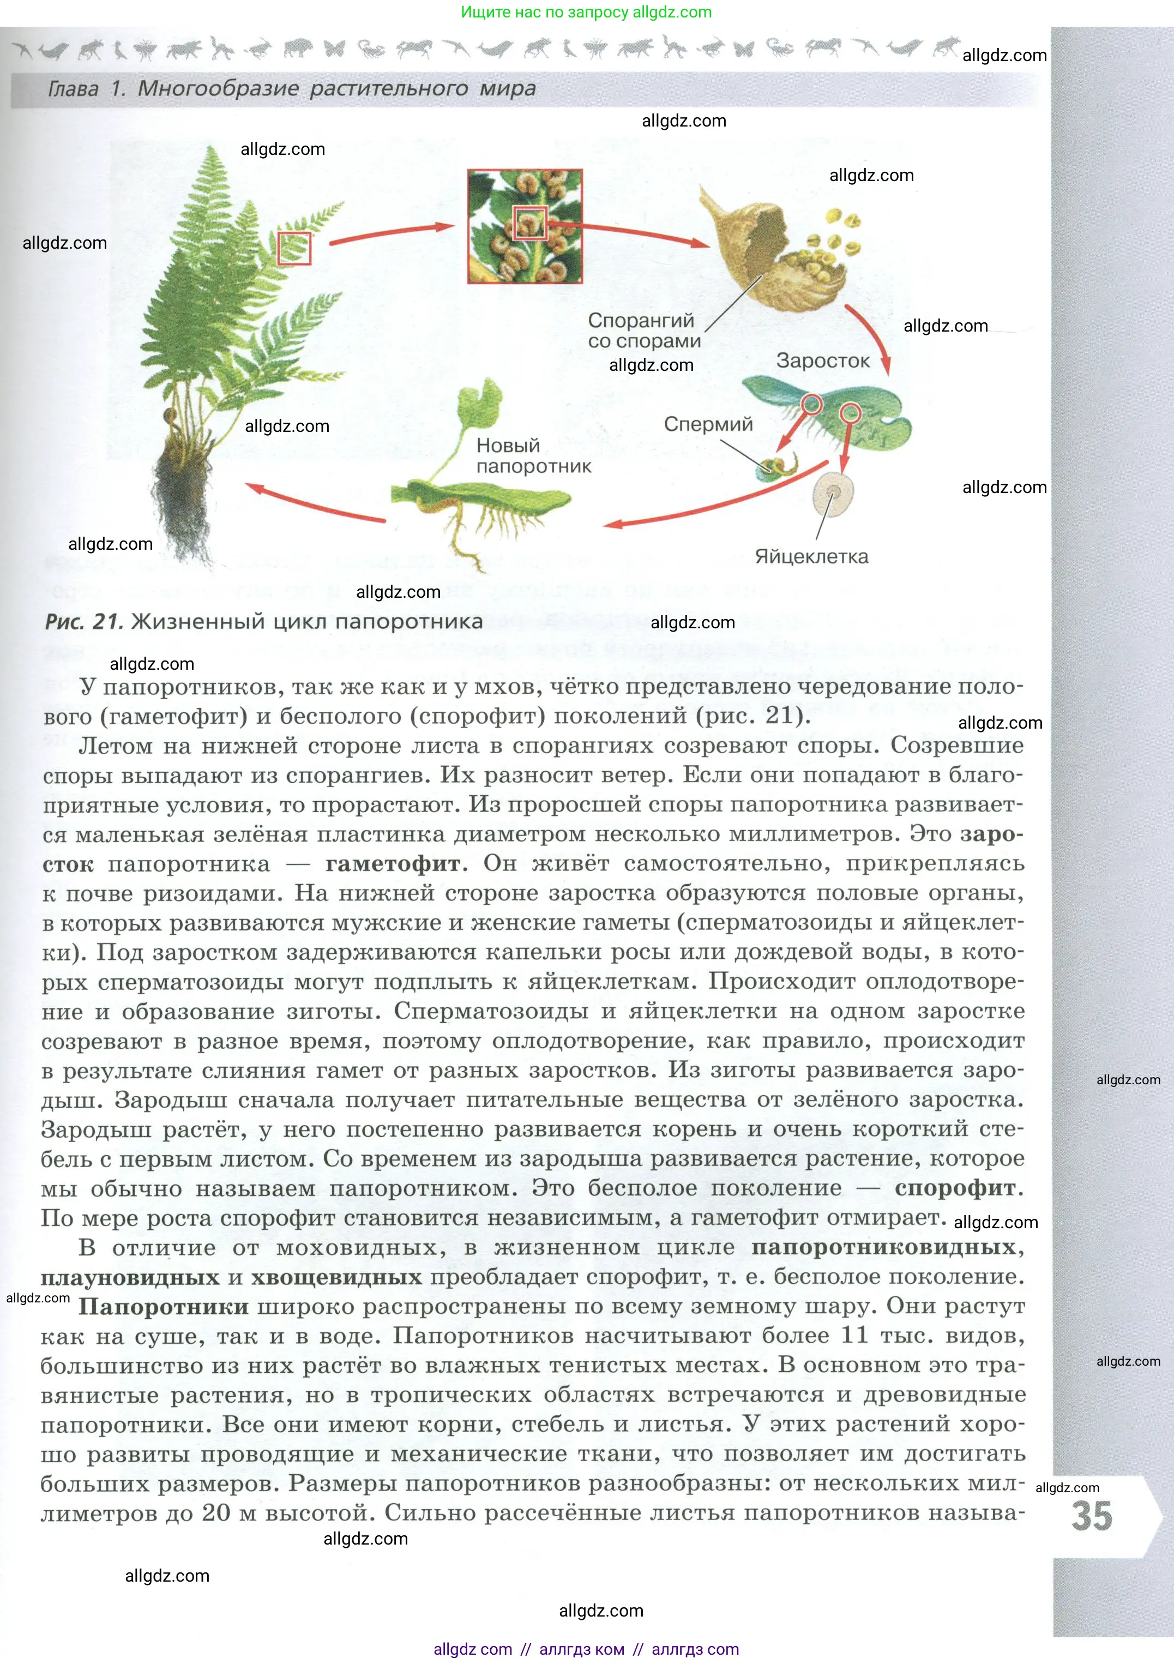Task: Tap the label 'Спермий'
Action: click(x=708, y=424)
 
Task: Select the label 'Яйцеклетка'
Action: click(x=811, y=557)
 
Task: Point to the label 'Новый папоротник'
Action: click(x=533, y=456)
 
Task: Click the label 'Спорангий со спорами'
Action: click(x=643, y=331)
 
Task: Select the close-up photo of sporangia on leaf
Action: click(x=525, y=226)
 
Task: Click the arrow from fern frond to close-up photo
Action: click(x=392, y=232)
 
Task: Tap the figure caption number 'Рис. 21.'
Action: click(x=84, y=622)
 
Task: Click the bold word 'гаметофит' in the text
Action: click(x=392, y=864)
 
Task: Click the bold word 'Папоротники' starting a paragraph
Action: click(x=164, y=1307)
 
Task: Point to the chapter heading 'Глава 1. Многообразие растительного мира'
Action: click(x=291, y=89)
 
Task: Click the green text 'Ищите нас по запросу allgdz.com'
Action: click(x=586, y=13)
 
